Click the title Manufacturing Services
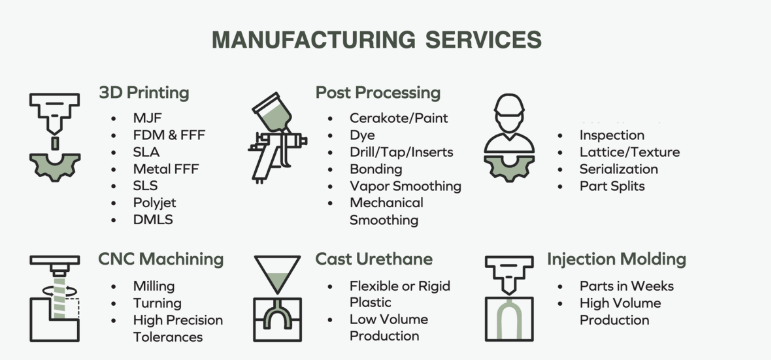tap(377, 39)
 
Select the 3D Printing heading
tap(144, 93)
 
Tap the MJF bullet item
tap(146, 118)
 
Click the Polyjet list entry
tap(156, 202)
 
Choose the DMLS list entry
tap(153, 219)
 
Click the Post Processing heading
tap(377, 93)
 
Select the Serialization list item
tap(621, 169)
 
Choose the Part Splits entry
tap(612, 186)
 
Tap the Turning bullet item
tap(157, 303)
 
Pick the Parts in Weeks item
tap(625, 286)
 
